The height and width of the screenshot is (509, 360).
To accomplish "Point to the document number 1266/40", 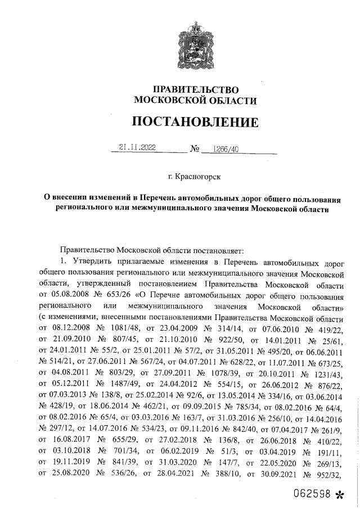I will point(226,148).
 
